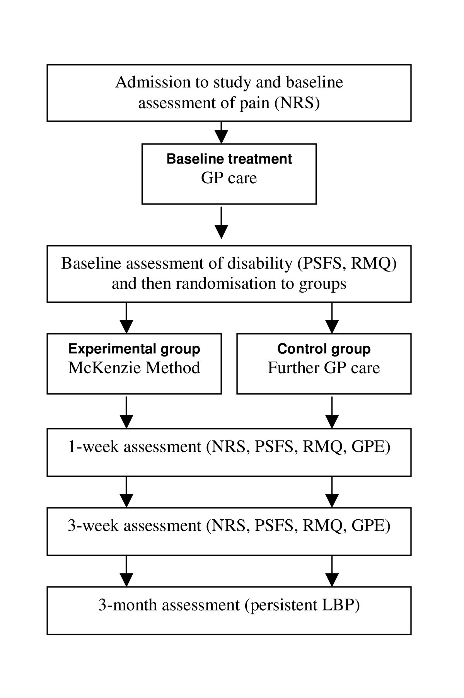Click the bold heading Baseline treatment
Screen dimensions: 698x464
229,159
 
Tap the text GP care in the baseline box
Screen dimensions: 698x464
229,178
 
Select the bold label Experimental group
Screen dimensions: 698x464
134,349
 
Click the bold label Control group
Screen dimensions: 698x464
324,349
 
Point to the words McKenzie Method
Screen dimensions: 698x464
134,368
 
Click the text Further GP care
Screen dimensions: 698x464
324,368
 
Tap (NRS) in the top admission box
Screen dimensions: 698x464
297,103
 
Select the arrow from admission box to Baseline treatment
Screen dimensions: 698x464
221,133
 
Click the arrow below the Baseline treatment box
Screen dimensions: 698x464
221,223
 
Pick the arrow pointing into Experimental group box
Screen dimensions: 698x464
126,318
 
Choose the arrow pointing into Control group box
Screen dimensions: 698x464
332,318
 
